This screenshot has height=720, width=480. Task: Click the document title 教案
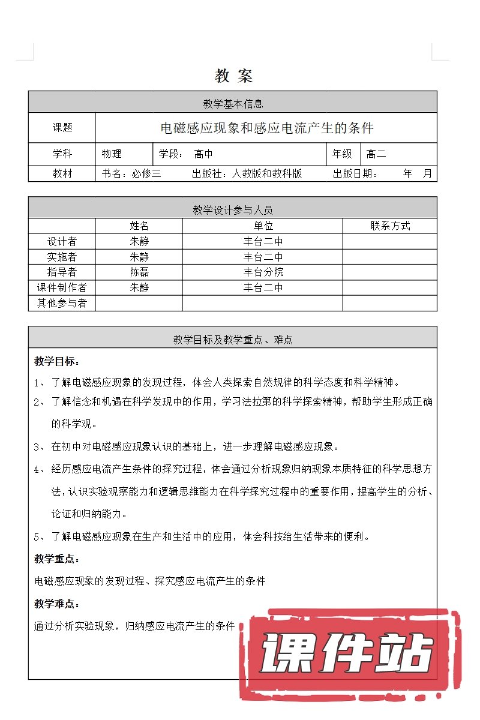233,76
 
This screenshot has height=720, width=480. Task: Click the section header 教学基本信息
233,104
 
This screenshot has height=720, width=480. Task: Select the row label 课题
62,128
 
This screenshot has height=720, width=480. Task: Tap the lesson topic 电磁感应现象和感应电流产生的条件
267,128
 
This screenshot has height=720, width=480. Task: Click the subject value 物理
112,154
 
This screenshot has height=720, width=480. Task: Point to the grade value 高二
376,154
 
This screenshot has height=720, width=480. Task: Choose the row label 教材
62,173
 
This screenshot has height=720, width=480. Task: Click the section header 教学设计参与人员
233,209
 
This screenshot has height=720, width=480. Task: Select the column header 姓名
139,226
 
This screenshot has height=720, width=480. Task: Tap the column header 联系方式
390,226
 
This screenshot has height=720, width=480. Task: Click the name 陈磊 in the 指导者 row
139,272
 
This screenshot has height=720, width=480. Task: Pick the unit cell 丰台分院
263,272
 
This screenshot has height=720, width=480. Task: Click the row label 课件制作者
62,287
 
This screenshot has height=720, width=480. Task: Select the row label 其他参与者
62,303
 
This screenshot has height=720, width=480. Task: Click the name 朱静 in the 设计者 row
139,241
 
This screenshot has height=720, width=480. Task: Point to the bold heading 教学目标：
57,361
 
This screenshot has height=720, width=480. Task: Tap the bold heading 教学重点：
57,559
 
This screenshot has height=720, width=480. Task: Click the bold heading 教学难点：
57,604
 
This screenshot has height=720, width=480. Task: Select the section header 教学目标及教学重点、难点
233,340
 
